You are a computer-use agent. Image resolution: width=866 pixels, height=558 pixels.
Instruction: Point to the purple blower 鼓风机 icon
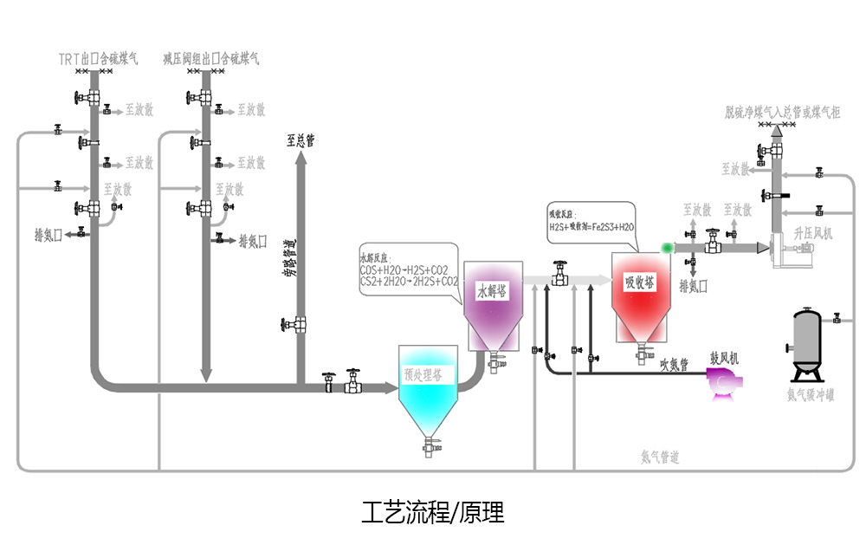(721, 382)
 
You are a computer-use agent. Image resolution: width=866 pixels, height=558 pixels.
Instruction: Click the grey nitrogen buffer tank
(808, 343)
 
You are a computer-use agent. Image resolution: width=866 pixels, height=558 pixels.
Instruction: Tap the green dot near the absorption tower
(667, 248)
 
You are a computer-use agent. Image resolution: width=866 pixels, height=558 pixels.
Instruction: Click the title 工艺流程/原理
(432, 513)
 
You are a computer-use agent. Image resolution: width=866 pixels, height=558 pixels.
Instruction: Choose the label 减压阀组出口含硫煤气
(211, 59)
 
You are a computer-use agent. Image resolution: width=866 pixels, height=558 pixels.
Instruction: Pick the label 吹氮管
(673, 365)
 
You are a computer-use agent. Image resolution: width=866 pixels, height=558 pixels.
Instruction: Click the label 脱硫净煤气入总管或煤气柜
(782, 112)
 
